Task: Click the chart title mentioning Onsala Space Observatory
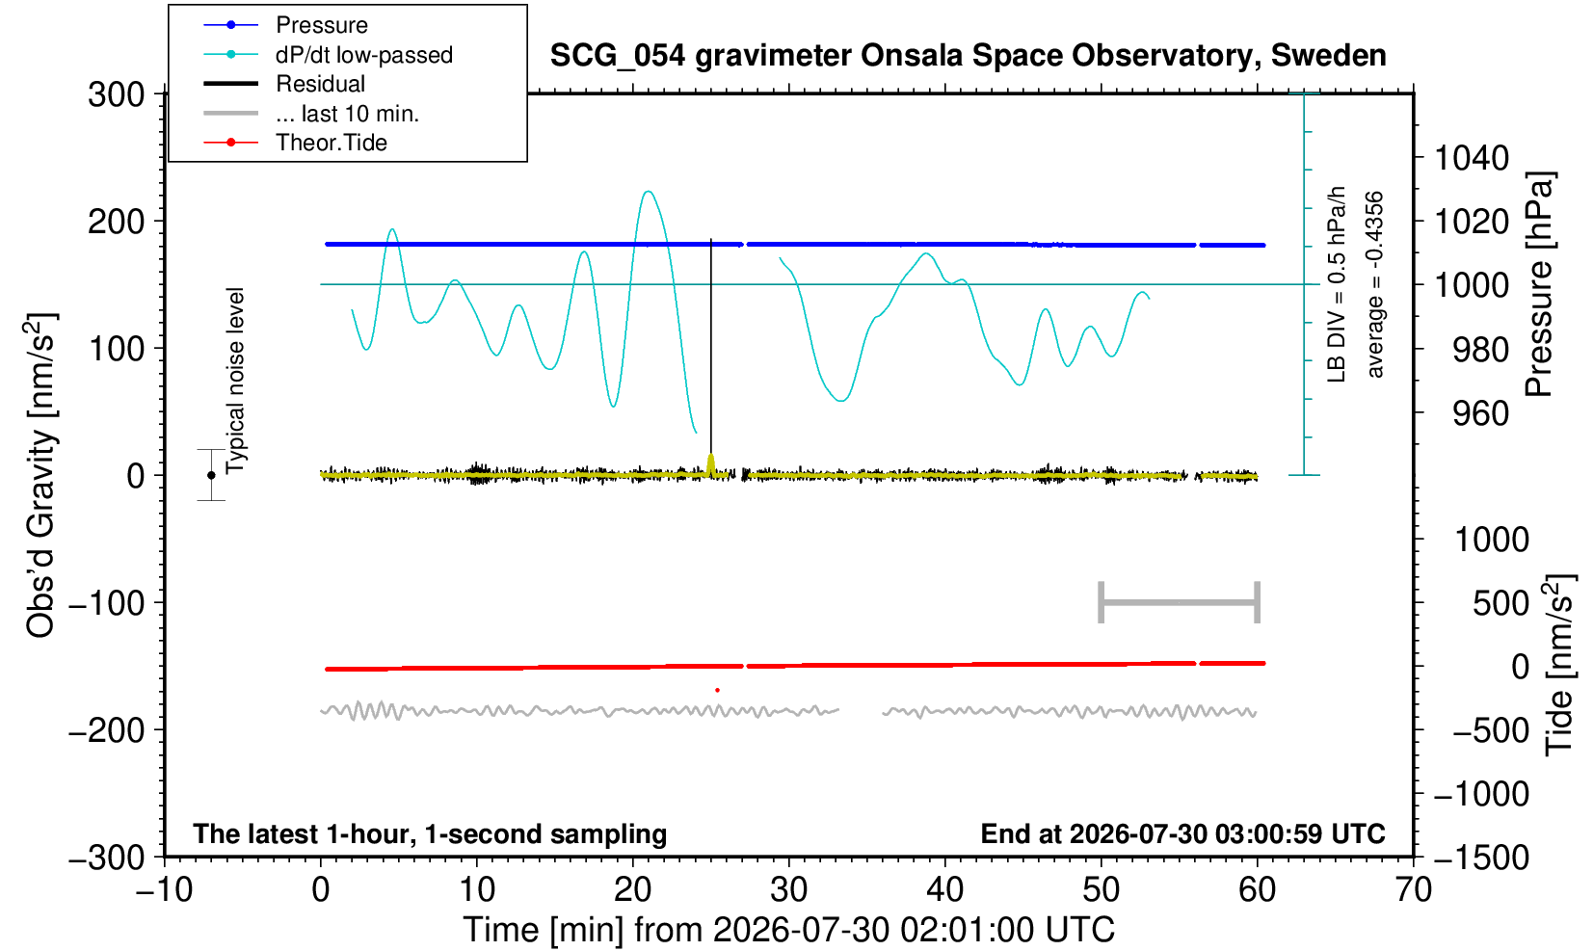[x=968, y=55]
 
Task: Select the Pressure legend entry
[x=286, y=25]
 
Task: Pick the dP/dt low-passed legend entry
[x=328, y=55]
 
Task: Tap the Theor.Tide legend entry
[x=295, y=143]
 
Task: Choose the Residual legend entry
[x=284, y=84]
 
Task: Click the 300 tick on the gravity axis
[x=117, y=94]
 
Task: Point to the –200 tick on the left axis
[x=107, y=729]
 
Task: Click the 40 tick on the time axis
[x=945, y=889]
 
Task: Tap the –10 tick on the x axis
[x=164, y=889]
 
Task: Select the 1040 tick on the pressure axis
[x=1471, y=158]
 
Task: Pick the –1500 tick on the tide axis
[x=1481, y=858]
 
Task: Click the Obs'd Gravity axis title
[x=40, y=475]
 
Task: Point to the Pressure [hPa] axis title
[x=1540, y=284]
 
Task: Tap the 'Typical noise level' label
[x=235, y=381]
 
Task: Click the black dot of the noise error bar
[x=211, y=475]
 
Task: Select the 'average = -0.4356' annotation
[x=1374, y=284]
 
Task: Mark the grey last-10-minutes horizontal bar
[x=1180, y=602]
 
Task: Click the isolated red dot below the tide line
[x=718, y=690]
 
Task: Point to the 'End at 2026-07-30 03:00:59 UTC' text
[x=1182, y=833]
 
